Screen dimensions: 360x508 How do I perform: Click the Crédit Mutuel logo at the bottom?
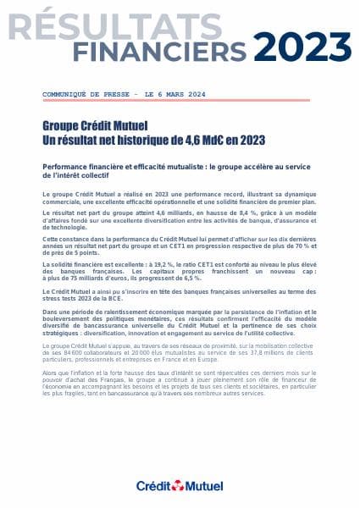(x=180, y=485)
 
